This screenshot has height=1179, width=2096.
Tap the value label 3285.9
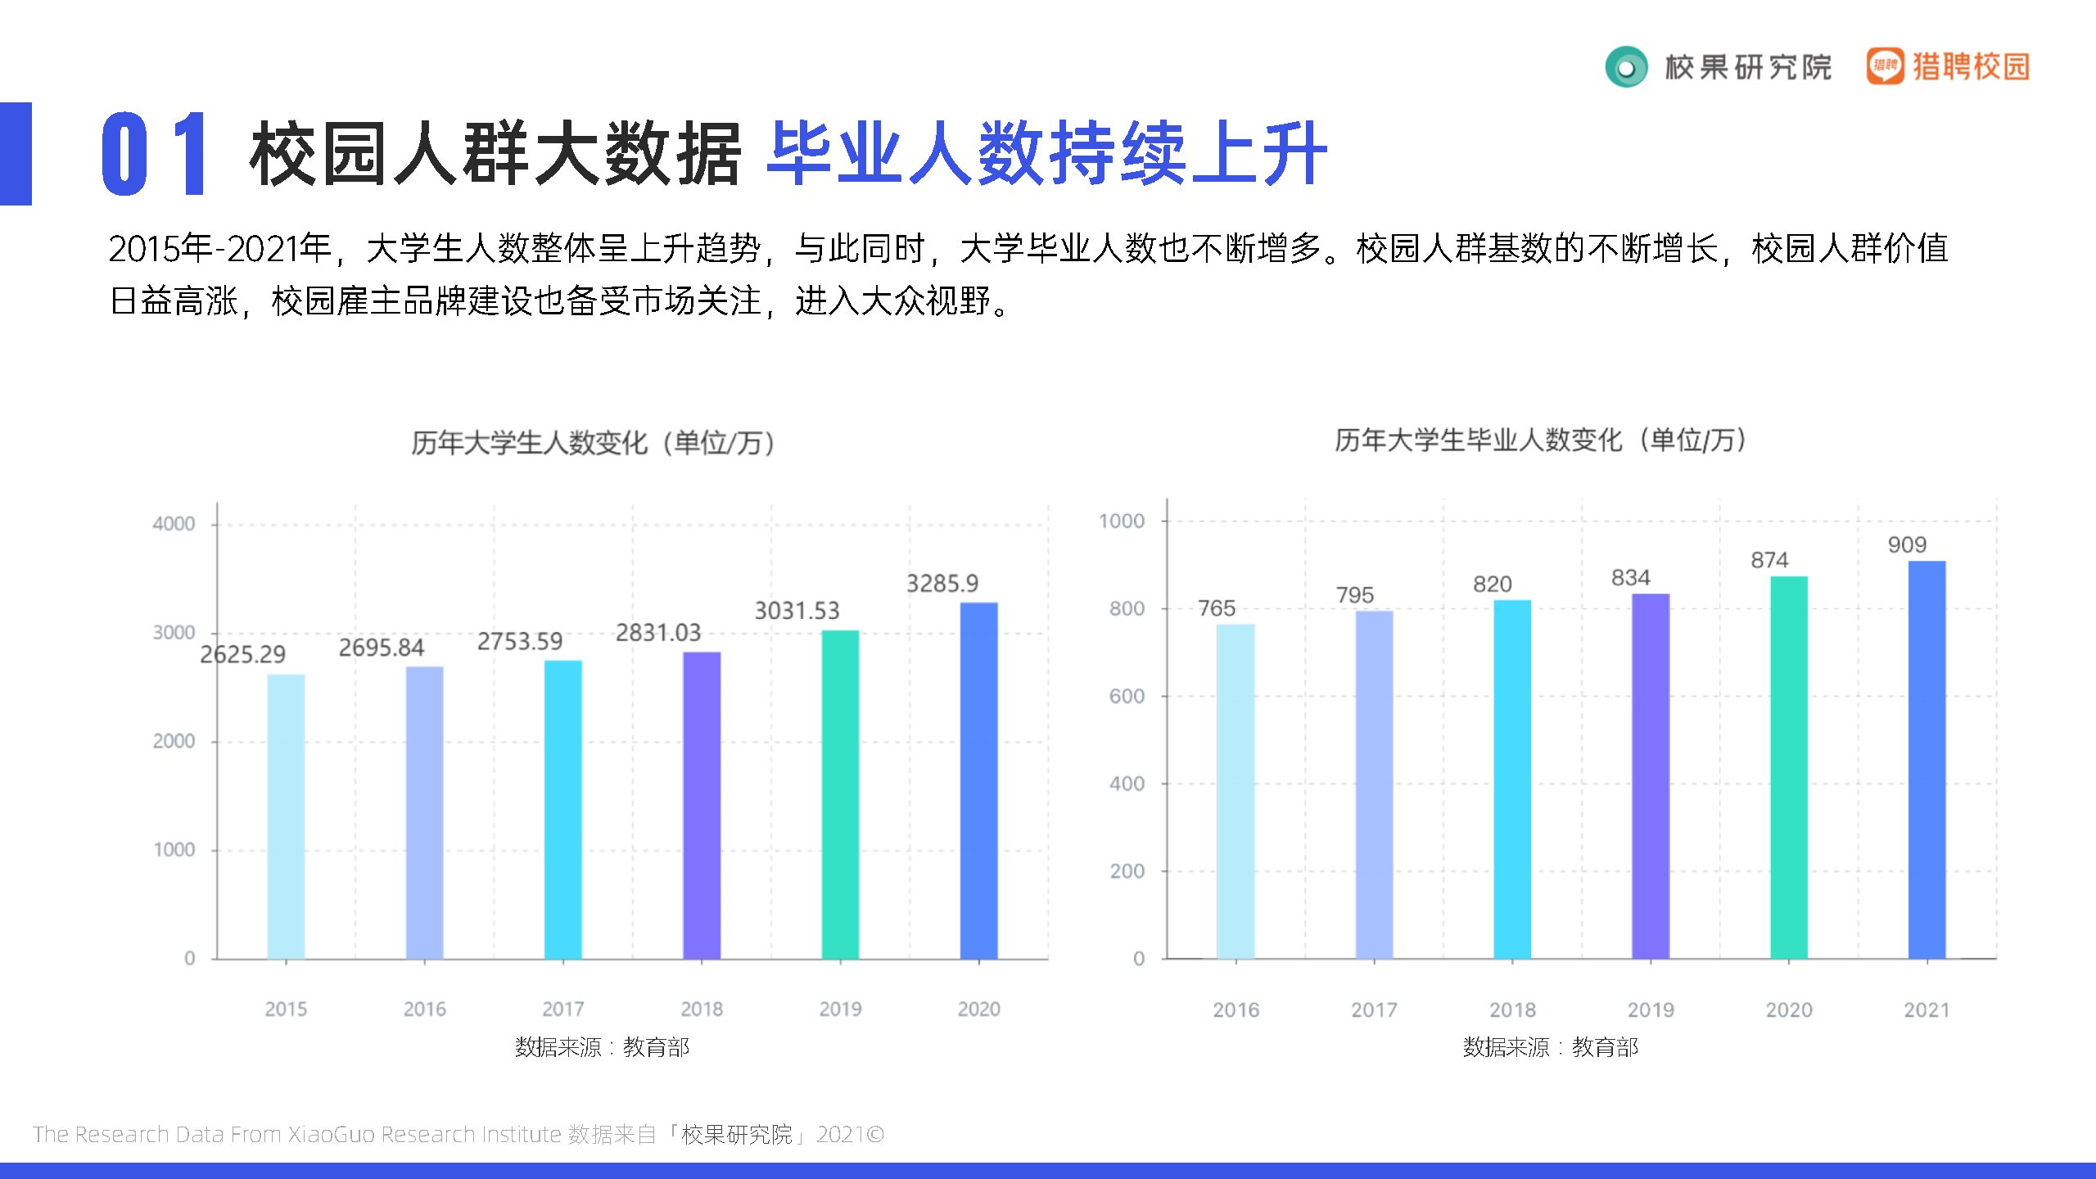[x=942, y=584]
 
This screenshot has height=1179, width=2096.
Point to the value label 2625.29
[x=243, y=654]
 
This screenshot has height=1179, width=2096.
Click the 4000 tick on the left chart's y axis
[x=174, y=524]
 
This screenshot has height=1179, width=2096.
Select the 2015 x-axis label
[x=286, y=1009]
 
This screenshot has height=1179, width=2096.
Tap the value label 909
[x=1907, y=544]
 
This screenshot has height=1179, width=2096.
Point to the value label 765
[x=1216, y=608]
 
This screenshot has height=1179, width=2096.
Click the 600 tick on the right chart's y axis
[x=1127, y=696]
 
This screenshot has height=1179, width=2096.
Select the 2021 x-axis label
[x=1927, y=1010]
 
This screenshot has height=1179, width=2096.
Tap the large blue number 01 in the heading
[x=153, y=154]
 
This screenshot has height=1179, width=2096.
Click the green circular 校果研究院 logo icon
[x=1626, y=67]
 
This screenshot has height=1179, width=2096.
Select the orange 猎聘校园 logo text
[x=1971, y=66]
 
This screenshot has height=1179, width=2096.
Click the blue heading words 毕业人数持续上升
[x=1047, y=154]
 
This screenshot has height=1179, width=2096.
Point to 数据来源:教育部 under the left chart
[x=602, y=1046]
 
